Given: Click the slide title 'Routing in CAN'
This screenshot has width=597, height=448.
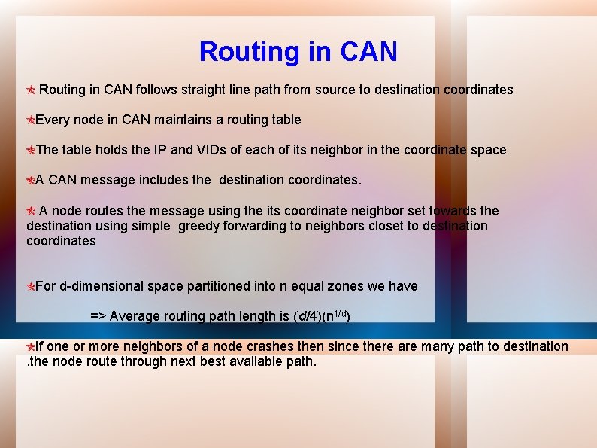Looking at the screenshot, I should [298, 52].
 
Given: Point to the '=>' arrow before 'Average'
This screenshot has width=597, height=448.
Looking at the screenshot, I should [98, 316].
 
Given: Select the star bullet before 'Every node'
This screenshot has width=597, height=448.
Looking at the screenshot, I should [31, 120].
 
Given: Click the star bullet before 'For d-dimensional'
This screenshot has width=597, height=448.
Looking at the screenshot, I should [31, 286].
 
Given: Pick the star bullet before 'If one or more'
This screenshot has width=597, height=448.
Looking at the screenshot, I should [31, 346].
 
